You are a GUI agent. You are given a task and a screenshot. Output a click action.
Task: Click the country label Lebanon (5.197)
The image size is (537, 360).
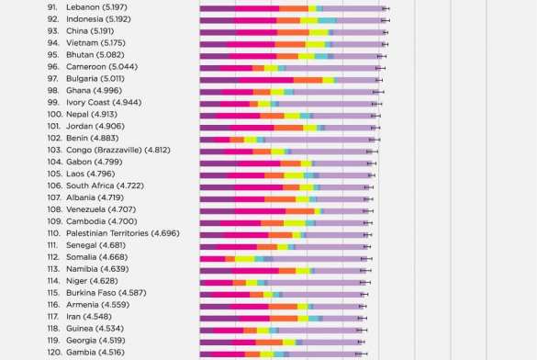pos(96,8)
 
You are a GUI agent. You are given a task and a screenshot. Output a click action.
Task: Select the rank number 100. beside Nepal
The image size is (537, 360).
pos(55,115)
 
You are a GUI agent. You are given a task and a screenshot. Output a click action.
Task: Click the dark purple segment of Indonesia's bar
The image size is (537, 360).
pos(215,19)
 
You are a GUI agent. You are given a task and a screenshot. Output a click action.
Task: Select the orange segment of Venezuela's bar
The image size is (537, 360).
pos(299,210)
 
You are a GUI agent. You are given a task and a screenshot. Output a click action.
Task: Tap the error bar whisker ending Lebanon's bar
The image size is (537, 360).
pos(386,8)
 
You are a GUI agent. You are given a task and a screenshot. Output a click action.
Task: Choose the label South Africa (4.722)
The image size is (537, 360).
pos(105,186)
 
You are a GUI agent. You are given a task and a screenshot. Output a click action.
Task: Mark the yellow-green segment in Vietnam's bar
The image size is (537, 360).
pos(315,43)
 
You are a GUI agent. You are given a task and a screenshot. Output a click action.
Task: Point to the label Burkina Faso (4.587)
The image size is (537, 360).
pos(106,294)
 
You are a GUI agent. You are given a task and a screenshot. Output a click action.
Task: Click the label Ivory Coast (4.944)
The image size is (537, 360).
pos(104,103)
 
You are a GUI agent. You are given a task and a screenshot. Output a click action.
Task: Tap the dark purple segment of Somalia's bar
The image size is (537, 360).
pos(212,258)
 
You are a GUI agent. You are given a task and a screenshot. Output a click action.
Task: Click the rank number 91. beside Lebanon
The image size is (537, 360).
pos(52,8)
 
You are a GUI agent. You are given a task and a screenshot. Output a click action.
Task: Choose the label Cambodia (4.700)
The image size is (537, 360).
pos(101,222)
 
